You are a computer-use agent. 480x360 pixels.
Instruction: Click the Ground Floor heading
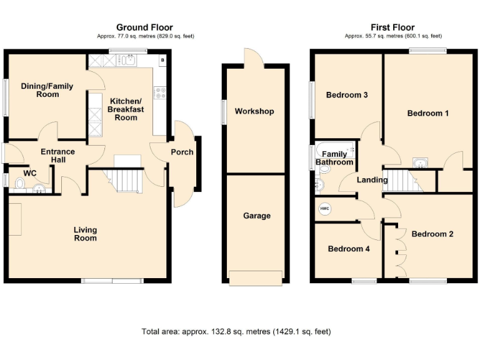[144, 27]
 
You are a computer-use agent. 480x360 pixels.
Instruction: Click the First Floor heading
[392, 27]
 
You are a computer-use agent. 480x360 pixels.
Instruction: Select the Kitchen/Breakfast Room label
[126, 109]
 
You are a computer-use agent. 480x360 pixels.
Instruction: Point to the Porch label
[182, 152]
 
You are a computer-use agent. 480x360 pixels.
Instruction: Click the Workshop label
[254, 111]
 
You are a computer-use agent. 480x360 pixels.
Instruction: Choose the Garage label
[257, 216]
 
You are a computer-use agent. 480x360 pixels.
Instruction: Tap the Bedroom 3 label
[347, 95]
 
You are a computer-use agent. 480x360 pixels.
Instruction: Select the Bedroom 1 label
[428, 113]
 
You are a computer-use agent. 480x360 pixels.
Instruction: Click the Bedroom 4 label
[349, 249]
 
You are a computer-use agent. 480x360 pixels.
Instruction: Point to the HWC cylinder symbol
[324, 209]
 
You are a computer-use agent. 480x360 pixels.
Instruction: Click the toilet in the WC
[19, 184]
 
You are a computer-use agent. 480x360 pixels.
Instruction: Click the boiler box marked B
[162, 60]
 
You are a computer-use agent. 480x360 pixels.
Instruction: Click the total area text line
[237, 331]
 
